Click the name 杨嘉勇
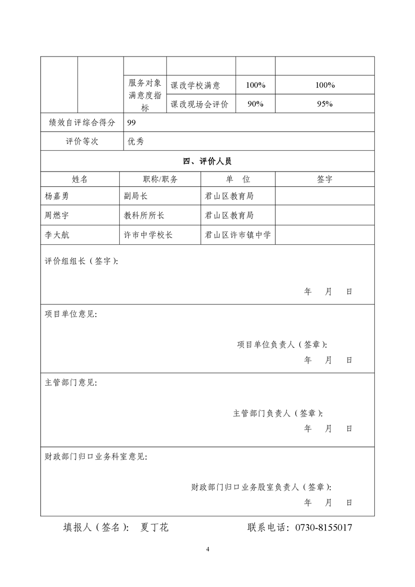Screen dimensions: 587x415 [x=57, y=197]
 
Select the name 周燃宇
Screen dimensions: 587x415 [x=57, y=216]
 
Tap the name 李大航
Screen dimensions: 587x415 [x=57, y=235]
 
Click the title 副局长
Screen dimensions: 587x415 [x=136, y=197]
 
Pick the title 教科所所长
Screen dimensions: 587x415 [x=144, y=216]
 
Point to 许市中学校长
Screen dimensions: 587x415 [x=148, y=235]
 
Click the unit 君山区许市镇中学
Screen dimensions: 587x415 [x=238, y=235]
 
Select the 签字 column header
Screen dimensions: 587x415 [x=324, y=179]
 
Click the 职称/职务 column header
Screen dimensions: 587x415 [x=160, y=179]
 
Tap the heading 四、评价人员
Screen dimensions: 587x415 [x=207, y=161]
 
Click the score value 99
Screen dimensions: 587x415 [x=132, y=122]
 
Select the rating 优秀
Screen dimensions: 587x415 [x=136, y=141]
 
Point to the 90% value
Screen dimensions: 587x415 [x=255, y=104]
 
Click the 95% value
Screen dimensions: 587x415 [x=325, y=104]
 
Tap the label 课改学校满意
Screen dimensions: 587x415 [x=195, y=85]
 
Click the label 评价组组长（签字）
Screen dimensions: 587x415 [x=81, y=262]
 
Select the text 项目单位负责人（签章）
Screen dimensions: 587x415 [x=283, y=344]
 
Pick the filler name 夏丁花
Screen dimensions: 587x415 [x=154, y=527]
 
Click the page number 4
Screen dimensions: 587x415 [x=208, y=549]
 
